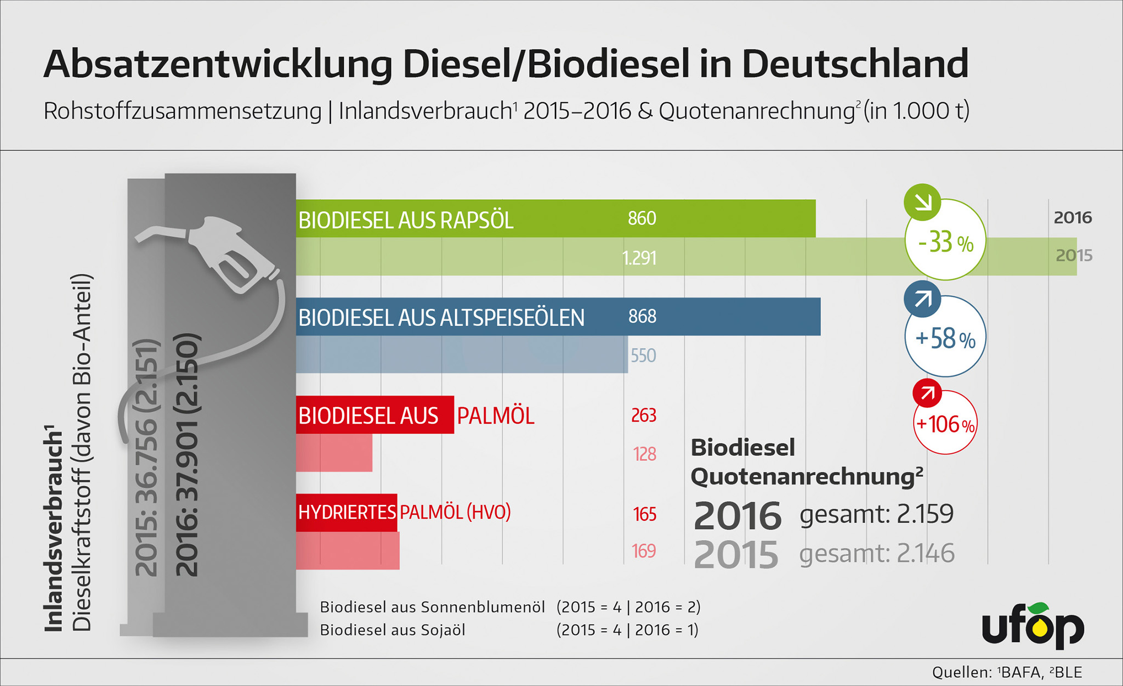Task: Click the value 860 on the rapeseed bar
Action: (x=642, y=218)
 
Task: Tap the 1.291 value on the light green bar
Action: (x=639, y=257)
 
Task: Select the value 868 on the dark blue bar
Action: (x=642, y=316)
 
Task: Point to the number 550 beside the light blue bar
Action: (x=643, y=356)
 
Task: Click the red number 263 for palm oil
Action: (x=644, y=415)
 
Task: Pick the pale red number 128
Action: (x=644, y=454)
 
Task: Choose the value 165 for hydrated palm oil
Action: (x=644, y=514)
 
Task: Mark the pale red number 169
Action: (x=644, y=551)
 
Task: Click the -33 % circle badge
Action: (x=945, y=241)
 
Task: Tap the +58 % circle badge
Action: (x=945, y=338)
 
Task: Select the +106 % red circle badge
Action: (x=945, y=424)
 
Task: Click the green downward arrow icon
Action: (x=922, y=202)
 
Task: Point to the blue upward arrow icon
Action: (x=922, y=299)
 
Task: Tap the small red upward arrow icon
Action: (x=927, y=393)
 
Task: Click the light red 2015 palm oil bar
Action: (x=334, y=453)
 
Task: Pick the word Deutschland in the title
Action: (x=855, y=64)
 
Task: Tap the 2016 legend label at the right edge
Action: (x=1073, y=218)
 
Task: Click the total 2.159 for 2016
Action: (x=925, y=514)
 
